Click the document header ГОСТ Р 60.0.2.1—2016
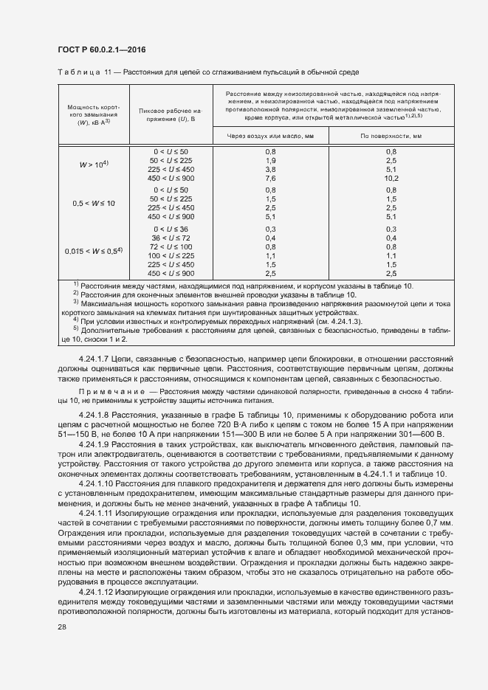[x=101, y=49]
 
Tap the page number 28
[x=62, y=647]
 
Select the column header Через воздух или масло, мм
[x=269, y=136]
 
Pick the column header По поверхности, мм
[x=391, y=136]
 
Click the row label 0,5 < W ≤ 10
[x=93, y=203]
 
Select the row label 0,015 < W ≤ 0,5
[x=93, y=251]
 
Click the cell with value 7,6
[x=269, y=177]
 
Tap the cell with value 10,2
[x=391, y=177]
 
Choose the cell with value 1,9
[x=269, y=159]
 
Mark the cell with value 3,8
[x=269, y=168]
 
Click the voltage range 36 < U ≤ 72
[x=171, y=238]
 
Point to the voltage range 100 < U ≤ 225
[x=171, y=255]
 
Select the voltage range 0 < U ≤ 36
[x=171, y=229]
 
